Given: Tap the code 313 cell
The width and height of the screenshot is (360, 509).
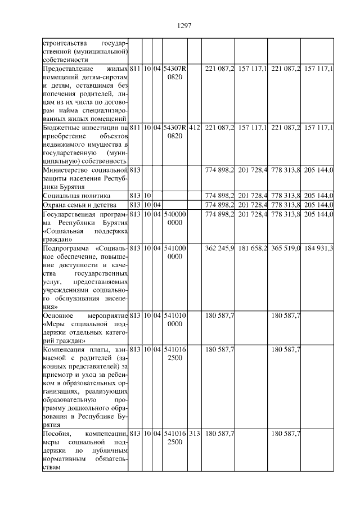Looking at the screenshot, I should point(194,434).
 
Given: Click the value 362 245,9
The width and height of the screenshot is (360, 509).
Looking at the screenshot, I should point(220,247).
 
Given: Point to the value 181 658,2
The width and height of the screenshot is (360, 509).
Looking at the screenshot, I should point(252,247).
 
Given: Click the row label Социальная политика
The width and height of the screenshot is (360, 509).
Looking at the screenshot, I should point(70,195).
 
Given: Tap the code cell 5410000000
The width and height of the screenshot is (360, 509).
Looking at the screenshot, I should point(174,252).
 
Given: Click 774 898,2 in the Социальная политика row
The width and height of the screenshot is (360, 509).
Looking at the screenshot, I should point(220,195).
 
